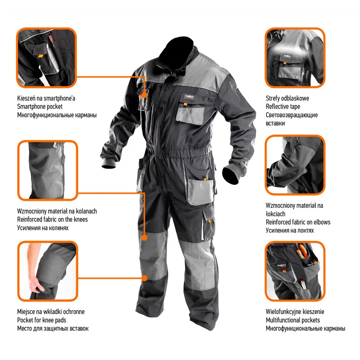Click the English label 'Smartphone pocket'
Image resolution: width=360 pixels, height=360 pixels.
click(40, 107)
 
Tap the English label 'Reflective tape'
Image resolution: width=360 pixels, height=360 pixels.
click(283, 107)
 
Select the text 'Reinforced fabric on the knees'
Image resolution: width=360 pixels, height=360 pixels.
click(52, 220)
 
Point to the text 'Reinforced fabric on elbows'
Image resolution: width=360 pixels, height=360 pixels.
click(298, 222)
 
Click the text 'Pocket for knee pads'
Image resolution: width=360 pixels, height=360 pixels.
click(41, 320)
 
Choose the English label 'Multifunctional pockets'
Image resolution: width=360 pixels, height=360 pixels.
click(293, 320)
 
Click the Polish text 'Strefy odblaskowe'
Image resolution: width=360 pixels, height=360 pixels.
click(287, 98)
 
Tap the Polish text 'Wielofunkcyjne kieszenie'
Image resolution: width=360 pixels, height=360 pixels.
click(295, 311)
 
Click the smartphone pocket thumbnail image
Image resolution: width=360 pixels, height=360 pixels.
click(46, 58)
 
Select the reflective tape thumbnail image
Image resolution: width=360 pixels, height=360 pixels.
click(295, 58)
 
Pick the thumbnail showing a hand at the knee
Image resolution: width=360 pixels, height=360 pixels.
click(48, 271)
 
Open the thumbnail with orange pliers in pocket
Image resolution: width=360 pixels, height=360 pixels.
click(295, 271)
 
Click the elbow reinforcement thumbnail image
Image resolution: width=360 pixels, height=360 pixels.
click(295, 165)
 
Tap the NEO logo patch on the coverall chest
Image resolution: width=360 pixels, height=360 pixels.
click(190, 96)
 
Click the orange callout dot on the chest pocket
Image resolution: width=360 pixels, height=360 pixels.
click(144, 95)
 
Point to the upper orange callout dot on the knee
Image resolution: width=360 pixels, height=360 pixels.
click(144, 238)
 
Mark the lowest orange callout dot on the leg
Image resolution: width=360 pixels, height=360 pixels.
click(144, 278)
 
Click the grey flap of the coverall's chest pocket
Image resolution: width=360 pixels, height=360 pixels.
click(190, 116)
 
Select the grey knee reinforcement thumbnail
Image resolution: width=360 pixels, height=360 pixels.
click(48, 170)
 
